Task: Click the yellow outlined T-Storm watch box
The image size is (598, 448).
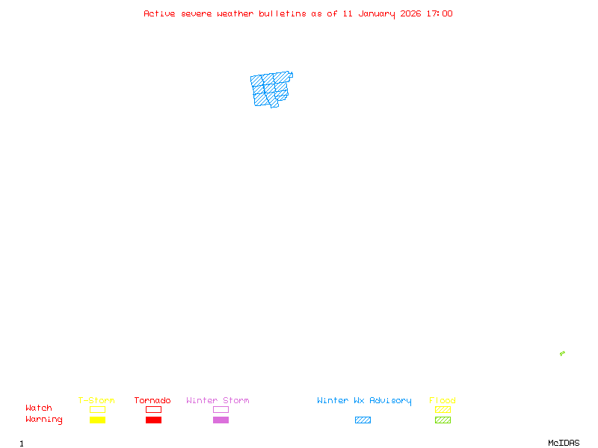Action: point(97,409)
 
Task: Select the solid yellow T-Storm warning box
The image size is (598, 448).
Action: point(97,420)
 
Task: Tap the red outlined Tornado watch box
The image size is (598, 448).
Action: point(153,409)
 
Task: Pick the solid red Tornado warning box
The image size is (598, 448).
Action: point(153,420)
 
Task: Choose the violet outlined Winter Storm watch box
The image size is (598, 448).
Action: point(221,409)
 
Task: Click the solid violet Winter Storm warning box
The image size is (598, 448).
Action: point(221,420)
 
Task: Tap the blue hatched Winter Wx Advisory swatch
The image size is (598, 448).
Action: point(363,420)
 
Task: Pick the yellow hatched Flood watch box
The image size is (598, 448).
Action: point(443,409)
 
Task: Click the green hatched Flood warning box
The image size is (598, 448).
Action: point(443,420)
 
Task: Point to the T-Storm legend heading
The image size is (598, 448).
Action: point(96,400)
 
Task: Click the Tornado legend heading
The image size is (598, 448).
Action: point(152,400)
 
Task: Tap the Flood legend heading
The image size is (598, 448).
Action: point(443,400)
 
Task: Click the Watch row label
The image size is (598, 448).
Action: point(39,408)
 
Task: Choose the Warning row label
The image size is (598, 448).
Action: point(44,420)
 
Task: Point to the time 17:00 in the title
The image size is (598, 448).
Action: point(439,13)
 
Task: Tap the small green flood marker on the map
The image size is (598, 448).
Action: point(562,353)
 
